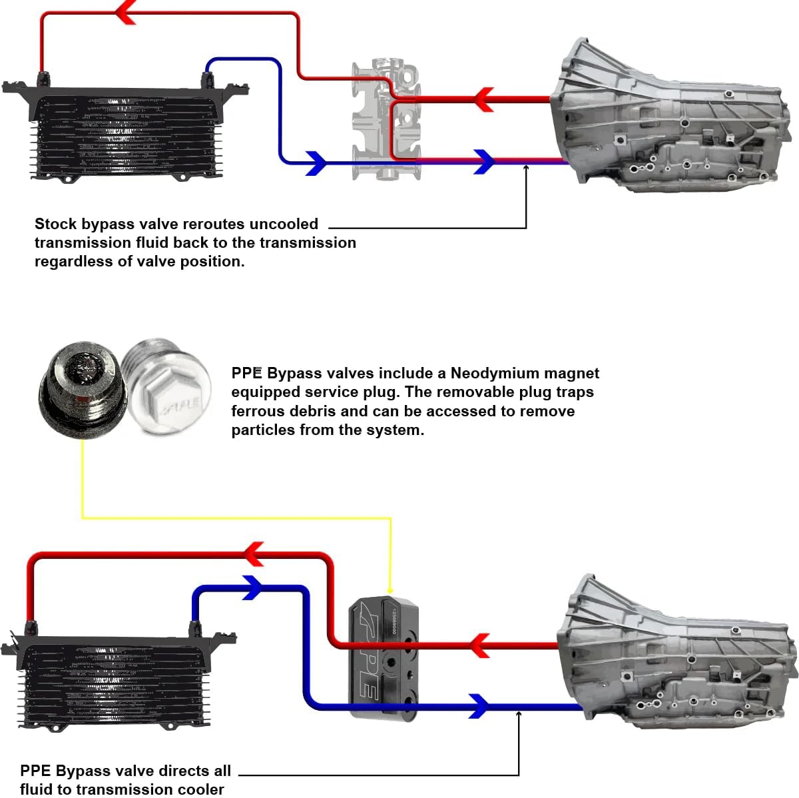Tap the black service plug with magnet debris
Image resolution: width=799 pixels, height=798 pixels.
(79, 383)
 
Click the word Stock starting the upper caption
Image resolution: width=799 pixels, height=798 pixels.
(55, 224)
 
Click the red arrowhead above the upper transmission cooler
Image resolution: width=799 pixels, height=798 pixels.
(125, 12)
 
